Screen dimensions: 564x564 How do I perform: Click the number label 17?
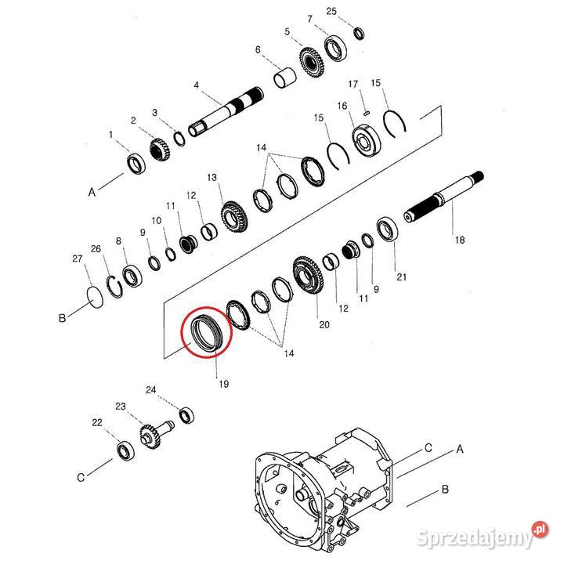[352, 84]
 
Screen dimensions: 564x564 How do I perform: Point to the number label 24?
[151, 389]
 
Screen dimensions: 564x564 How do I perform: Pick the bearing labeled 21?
[386, 231]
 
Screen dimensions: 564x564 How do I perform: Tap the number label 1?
[111, 135]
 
